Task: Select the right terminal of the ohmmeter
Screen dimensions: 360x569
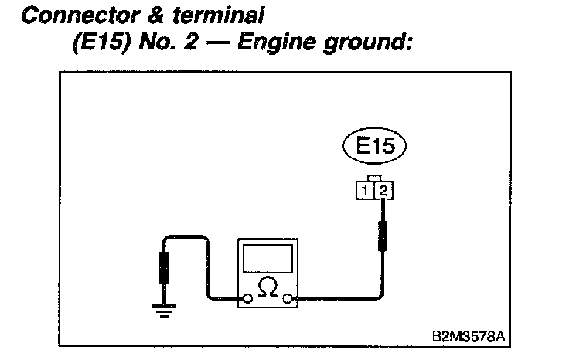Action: pos(288,297)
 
